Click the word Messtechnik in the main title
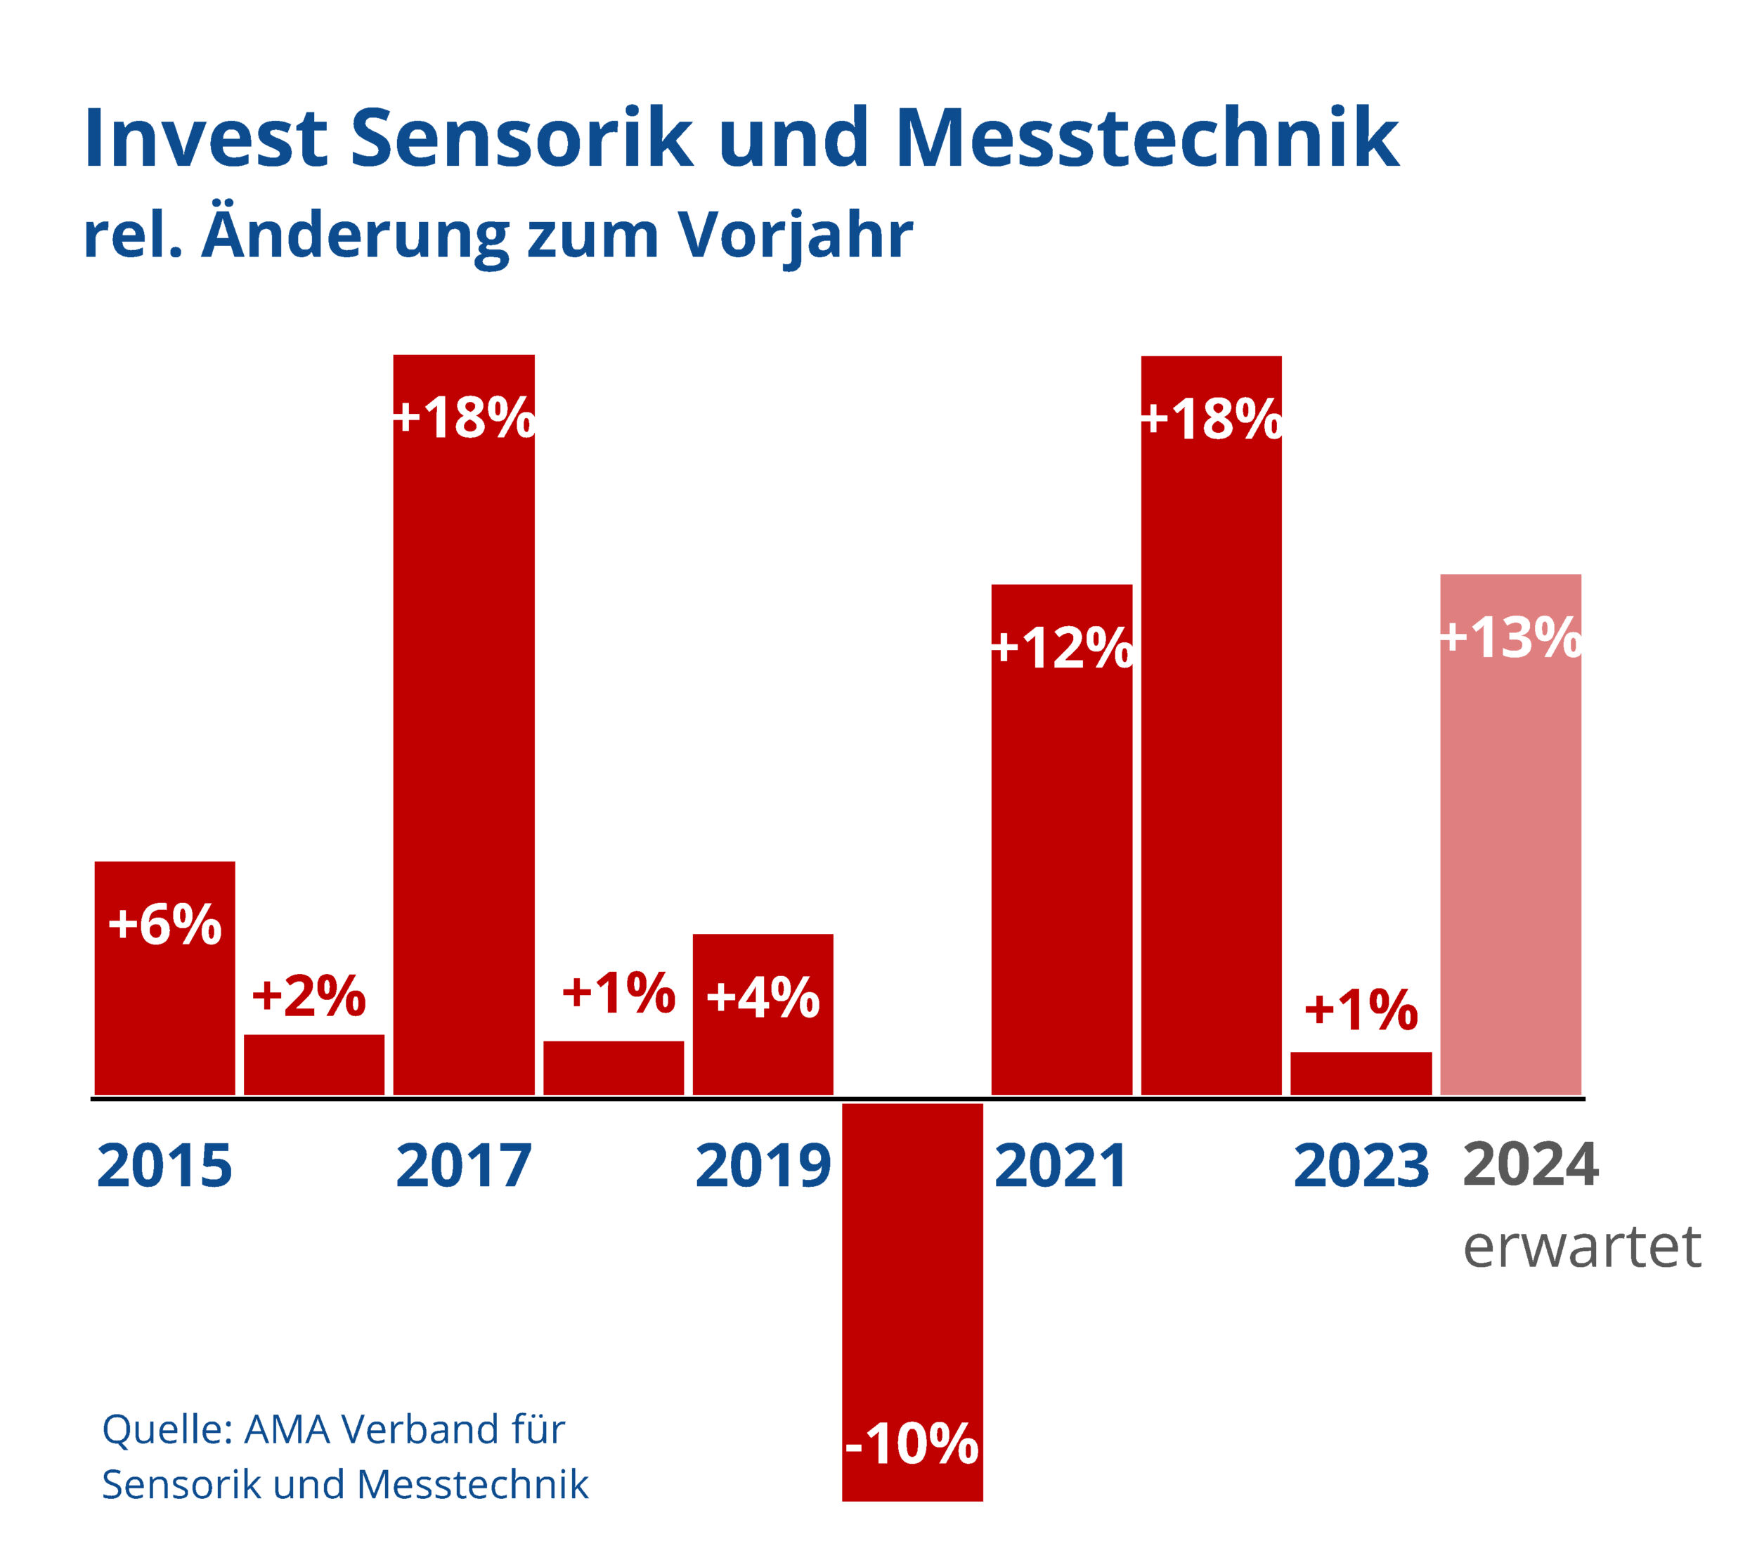pyautogui.click(x=1148, y=138)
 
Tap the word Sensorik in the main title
pyautogui.click(x=521, y=138)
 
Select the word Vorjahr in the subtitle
pyautogui.click(x=795, y=235)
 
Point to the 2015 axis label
pyautogui.click(x=164, y=1167)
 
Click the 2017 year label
pyautogui.click(x=463, y=1167)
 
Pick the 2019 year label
pyautogui.click(x=763, y=1167)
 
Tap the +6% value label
pyautogui.click(x=164, y=925)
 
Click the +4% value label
pyautogui.click(x=763, y=998)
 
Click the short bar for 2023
pyautogui.click(x=1361, y=1074)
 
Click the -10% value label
pyautogui.click(x=912, y=1445)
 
